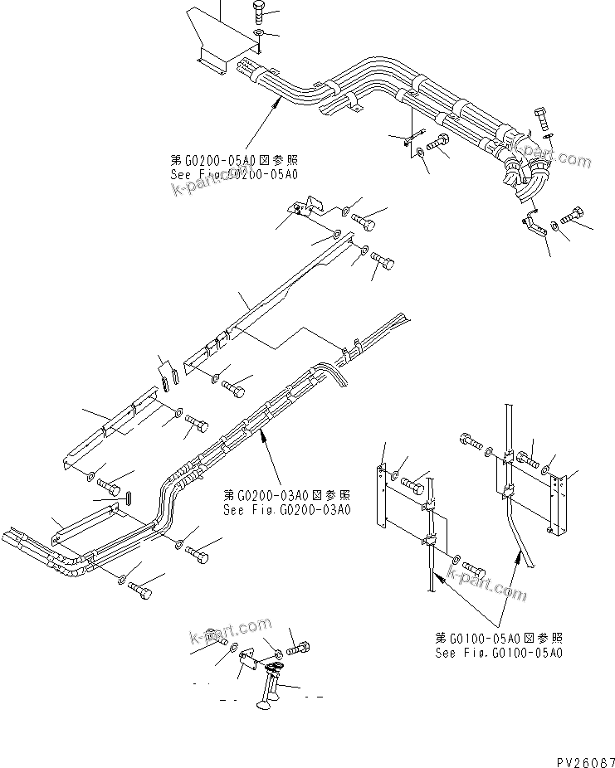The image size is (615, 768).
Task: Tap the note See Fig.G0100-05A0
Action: [x=499, y=653]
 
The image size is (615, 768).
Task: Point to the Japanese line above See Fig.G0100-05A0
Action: [x=499, y=638]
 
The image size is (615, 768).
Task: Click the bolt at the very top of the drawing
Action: [x=256, y=12]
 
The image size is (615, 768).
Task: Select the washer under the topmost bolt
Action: [x=258, y=33]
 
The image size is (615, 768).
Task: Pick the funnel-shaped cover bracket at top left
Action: [x=212, y=37]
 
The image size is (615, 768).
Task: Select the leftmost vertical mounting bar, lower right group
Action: [x=382, y=498]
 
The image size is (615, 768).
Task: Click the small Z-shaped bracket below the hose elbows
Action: [x=529, y=224]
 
